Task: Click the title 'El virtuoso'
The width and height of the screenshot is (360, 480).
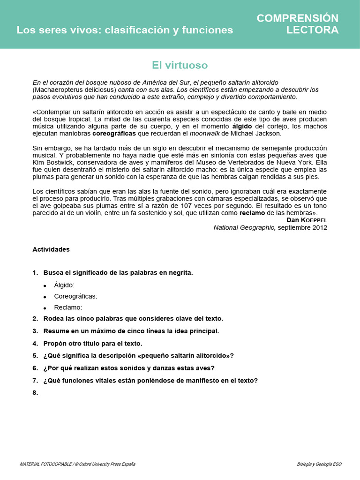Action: pyautogui.click(x=180, y=65)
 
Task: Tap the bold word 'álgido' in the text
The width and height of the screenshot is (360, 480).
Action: pyautogui.click(x=241, y=127)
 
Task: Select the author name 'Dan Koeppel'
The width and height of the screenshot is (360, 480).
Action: pyautogui.click(x=307, y=220)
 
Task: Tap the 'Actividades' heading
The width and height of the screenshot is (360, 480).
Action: pyautogui.click(x=51, y=249)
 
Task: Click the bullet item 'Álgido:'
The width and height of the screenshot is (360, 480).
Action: pyautogui.click(x=64, y=285)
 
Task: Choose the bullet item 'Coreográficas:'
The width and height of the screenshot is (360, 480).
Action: pyautogui.click(x=75, y=296)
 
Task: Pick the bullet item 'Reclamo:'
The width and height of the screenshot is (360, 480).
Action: pyautogui.click(x=68, y=307)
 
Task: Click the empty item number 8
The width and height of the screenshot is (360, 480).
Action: pyautogui.click(x=35, y=393)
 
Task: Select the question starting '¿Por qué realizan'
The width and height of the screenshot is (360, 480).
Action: pyautogui.click(x=129, y=368)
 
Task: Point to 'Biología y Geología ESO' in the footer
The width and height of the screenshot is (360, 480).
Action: pyautogui.click(x=319, y=464)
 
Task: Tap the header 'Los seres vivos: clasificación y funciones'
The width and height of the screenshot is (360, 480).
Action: pyautogui.click(x=125, y=30)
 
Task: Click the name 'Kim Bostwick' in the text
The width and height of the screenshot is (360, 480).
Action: pyautogui.click(x=51, y=162)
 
